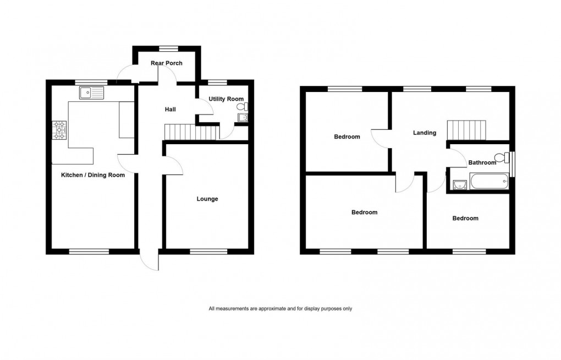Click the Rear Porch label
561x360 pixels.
click(167, 63)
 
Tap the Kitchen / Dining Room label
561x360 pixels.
click(92, 176)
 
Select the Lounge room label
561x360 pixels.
click(207, 199)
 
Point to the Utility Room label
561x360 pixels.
click(226, 99)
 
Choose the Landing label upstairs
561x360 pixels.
click(425, 133)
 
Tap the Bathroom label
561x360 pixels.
click(482, 162)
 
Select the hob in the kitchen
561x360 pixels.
click(59, 130)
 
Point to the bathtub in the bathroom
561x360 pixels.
click(488, 182)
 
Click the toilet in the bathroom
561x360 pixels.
click(503, 156)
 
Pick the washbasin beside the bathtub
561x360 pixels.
click(459, 183)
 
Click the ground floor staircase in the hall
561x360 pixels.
click(180, 132)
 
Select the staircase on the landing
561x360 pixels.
click(466, 130)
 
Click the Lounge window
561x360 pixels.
click(208, 252)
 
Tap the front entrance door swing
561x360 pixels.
click(148, 261)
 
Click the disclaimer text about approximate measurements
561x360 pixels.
click(280, 309)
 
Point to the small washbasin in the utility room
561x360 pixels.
click(243, 117)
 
